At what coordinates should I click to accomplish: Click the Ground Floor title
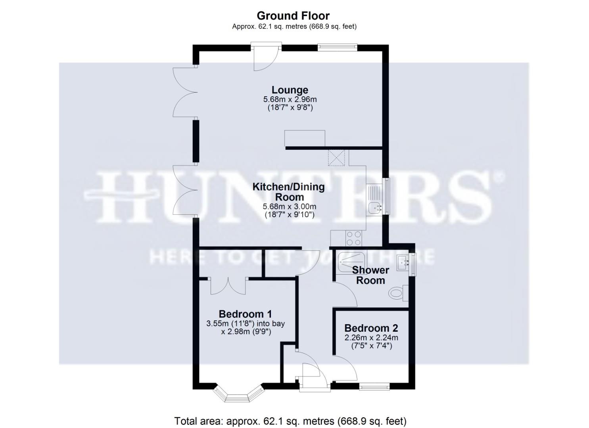[293, 16]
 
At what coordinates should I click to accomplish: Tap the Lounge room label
[290, 90]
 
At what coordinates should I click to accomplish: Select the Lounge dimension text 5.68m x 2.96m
[290, 99]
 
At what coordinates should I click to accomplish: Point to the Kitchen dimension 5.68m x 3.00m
[290, 206]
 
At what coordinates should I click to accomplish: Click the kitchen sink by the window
[374, 207]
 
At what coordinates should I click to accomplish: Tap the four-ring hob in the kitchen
[353, 238]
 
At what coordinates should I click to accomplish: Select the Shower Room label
[370, 275]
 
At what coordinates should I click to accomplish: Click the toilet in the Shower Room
[396, 293]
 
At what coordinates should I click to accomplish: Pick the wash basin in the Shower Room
[402, 262]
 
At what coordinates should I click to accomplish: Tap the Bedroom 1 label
[245, 314]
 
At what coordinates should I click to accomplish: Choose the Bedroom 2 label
[371, 328]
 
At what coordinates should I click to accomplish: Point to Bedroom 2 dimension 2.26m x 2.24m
[371, 338]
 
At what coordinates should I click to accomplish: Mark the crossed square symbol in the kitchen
[336, 158]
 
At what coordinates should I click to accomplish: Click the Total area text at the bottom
[290, 421]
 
